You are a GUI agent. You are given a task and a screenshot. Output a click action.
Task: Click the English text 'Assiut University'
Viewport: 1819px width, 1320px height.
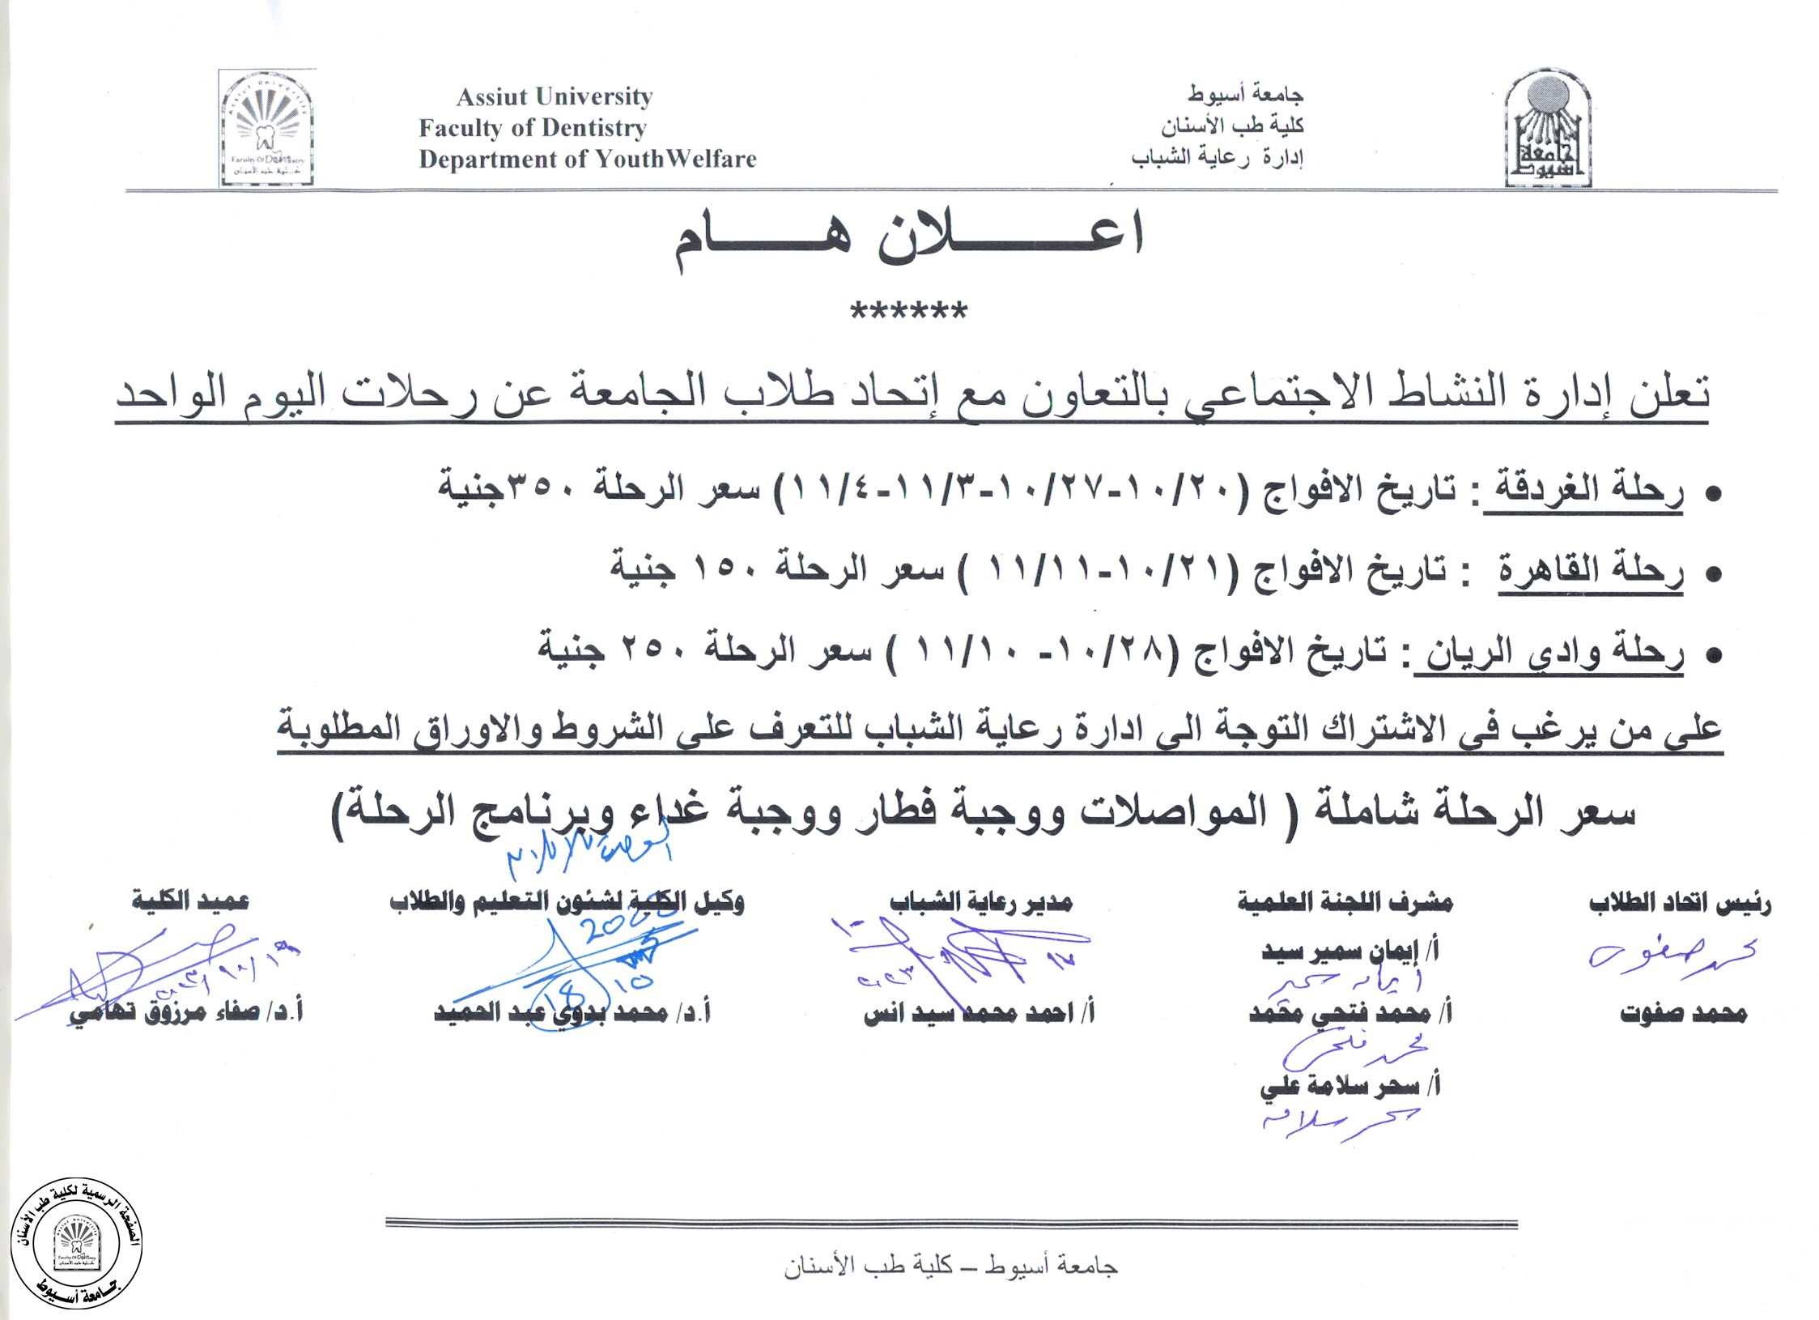(555, 97)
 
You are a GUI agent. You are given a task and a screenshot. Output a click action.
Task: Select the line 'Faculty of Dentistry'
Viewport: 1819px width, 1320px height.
(533, 128)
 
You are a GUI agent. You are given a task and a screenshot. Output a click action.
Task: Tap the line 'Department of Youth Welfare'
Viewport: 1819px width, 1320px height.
(587, 160)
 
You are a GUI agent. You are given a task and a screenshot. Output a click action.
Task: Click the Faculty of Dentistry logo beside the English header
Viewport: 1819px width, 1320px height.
(266, 127)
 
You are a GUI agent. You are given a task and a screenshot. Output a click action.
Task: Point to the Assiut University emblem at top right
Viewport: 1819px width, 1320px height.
(1547, 130)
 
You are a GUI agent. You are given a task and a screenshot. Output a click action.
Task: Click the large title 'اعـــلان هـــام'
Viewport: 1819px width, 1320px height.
(908, 238)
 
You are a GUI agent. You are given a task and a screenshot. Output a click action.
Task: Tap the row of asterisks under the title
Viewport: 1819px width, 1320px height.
(908, 312)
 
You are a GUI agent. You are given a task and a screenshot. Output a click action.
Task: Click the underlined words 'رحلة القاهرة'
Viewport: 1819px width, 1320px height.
(1590, 571)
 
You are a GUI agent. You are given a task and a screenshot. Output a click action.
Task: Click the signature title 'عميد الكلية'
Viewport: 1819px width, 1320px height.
(190, 901)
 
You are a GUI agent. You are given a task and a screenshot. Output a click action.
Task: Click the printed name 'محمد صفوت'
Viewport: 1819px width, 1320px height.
(1683, 1013)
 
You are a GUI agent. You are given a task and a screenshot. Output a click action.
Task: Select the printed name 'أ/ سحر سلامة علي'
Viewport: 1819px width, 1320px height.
(1349, 1087)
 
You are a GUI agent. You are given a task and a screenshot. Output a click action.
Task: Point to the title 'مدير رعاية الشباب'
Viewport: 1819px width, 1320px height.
(980, 902)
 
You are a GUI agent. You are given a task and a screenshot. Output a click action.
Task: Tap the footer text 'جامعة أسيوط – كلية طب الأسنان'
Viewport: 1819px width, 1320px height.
(950, 1267)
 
